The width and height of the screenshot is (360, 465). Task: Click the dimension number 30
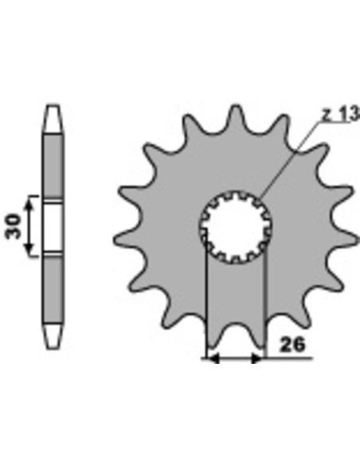(x=14, y=226)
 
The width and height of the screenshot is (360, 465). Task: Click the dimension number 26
(x=292, y=345)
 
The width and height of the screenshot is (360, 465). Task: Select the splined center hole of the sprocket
(x=236, y=228)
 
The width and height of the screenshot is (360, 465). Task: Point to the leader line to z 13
(x=292, y=159)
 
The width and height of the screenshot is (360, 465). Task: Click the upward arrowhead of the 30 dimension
(x=29, y=205)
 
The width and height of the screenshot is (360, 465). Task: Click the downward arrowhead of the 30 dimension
(x=29, y=248)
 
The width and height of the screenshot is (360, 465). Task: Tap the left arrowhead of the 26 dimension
(x=213, y=358)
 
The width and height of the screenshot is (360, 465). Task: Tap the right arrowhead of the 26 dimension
(x=256, y=358)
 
